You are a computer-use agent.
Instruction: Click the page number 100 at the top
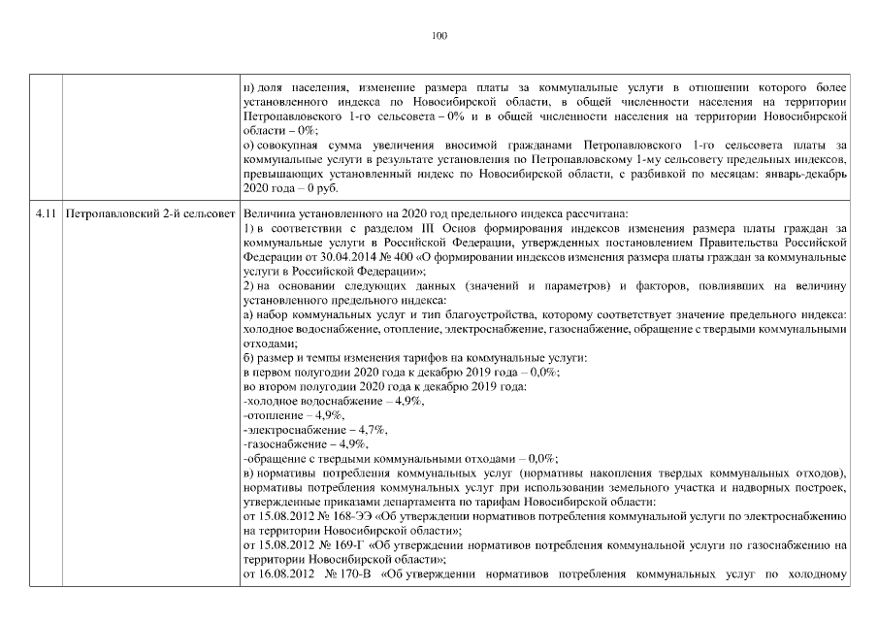pos(439,36)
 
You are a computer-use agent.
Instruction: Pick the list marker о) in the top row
pos(249,145)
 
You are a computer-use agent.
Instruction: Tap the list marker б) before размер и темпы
pos(249,359)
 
